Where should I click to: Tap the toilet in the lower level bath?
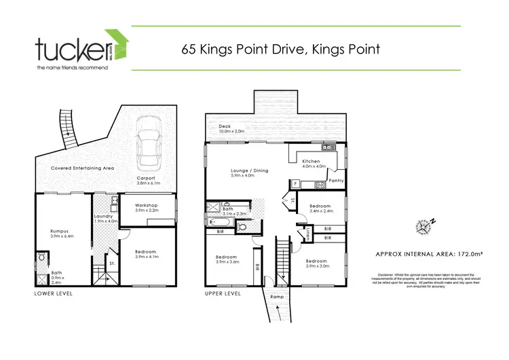pos(43,258)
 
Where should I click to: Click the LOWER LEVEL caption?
pos(54,294)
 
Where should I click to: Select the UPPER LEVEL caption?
pos(223,294)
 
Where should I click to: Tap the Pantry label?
pos(335,181)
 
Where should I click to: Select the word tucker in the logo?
pos(72,50)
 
